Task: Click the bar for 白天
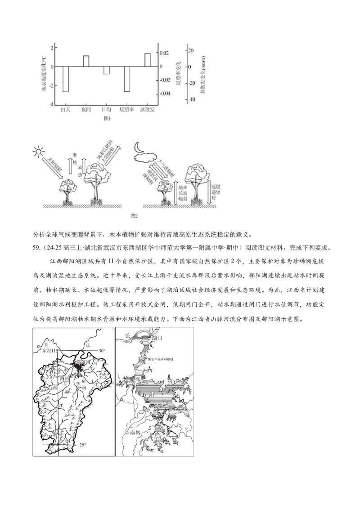pyautogui.click(x=66, y=79)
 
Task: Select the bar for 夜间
pyautogui.click(x=86, y=61)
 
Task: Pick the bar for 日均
pyautogui.click(x=107, y=70)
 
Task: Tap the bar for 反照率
pyautogui.click(x=127, y=79)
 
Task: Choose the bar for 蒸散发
pyautogui.click(x=147, y=60)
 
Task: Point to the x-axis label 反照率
pyautogui.click(x=127, y=109)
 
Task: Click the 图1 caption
pyautogui.click(x=107, y=118)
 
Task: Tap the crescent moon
pyautogui.click(x=139, y=147)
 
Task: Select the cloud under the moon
pyautogui.click(x=145, y=157)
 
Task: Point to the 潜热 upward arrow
pyautogui.click(x=69, y=166)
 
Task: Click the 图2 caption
pyautogui.click(x=133, y=215)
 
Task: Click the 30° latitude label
pyautogui.click(x=102, y=351)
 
